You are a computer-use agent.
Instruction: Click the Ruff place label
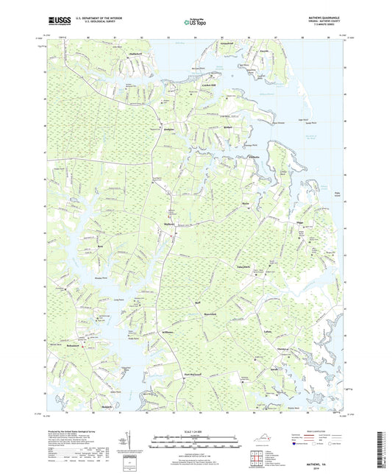point(196,303)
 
